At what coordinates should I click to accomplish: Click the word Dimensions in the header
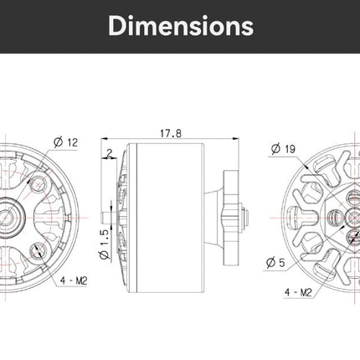click(181, 26)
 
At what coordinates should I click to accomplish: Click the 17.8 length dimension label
click(171, 134)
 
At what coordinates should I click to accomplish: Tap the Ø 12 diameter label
click(66, 142)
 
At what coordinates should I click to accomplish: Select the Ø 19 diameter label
click(283, 149)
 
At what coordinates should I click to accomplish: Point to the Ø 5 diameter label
click(275, 263)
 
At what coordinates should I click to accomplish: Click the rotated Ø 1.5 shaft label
click(104, 244)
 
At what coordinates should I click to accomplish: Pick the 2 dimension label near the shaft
click(110, 153)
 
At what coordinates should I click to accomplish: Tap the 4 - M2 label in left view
click(74, 280)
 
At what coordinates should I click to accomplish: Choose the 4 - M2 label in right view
click(298, 292)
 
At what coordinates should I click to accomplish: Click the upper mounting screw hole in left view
click(39, 184)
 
